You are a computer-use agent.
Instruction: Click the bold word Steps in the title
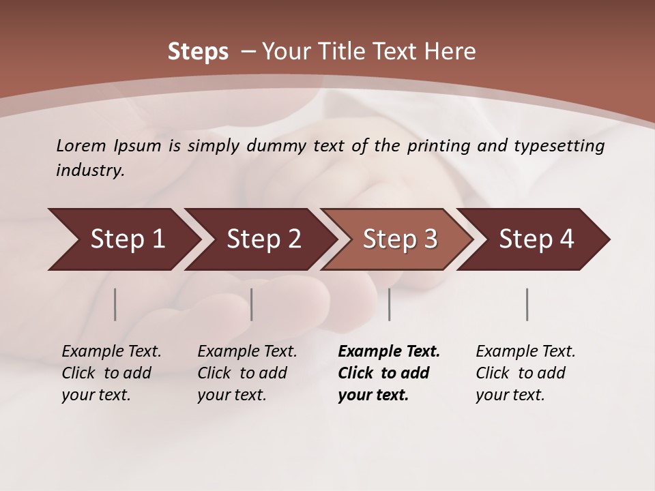198,52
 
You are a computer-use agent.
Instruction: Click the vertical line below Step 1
115,304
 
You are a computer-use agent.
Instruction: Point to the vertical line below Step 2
252,304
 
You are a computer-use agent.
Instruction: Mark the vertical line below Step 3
390,304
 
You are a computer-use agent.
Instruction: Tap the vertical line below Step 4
527,304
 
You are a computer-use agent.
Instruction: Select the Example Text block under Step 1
111,373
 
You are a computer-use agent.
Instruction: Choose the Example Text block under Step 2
246,373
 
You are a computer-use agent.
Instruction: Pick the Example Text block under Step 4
525,373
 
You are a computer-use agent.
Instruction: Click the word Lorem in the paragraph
81,146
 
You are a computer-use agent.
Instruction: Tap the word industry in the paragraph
90,170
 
